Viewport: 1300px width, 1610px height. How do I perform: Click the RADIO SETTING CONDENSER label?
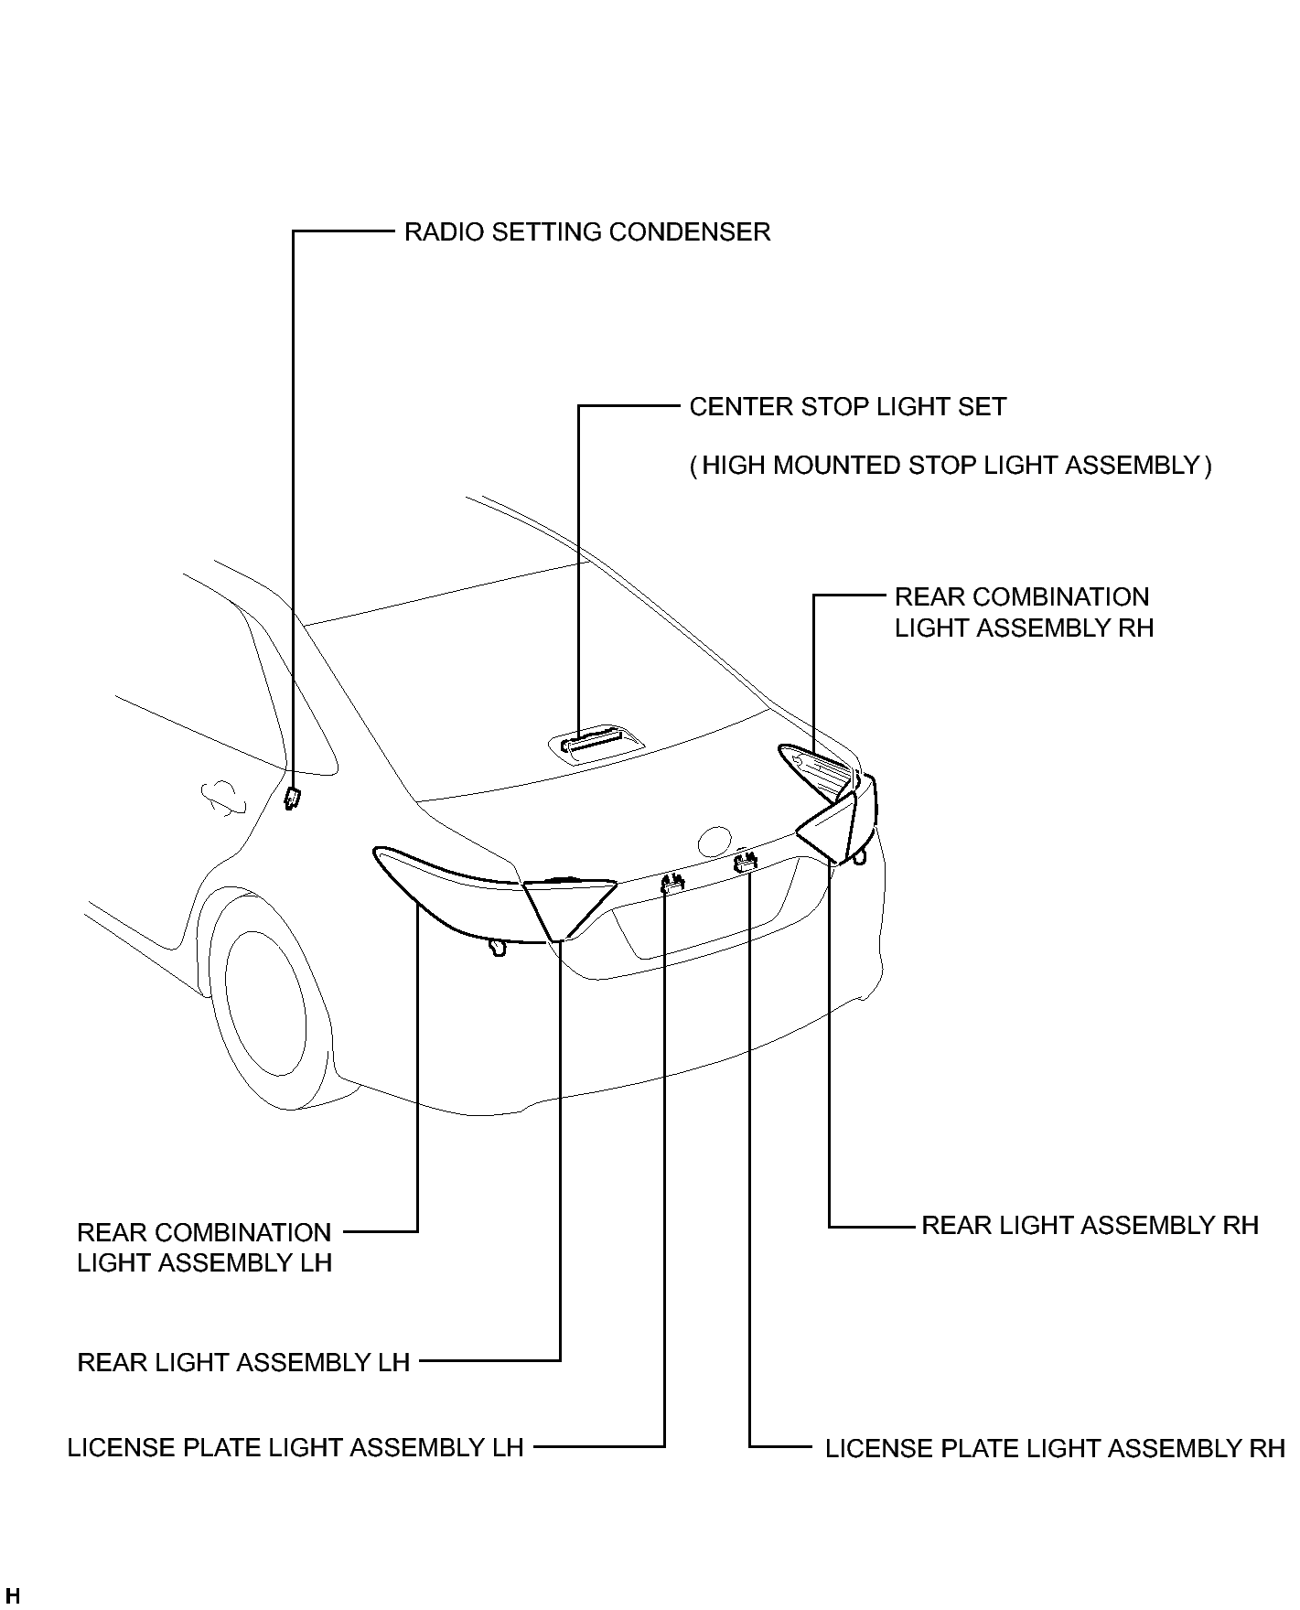click(x=587, y=232)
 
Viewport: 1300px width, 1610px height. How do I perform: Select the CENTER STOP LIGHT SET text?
click(x=847, y=407)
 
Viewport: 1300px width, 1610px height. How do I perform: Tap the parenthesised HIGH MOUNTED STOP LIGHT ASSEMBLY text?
click(x=951, y=466)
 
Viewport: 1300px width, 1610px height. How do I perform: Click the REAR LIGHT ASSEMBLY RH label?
click(x=1090, y=1225)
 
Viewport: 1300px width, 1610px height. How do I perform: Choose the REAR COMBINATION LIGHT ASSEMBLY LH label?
click(x=204, y=1247)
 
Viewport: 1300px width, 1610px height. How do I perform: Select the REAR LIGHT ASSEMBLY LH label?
click(x=243, y=1362)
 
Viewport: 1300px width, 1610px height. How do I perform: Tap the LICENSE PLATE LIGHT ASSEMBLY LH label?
click(x=295, y=1447)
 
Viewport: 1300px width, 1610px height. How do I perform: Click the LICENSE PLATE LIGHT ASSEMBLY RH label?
click(x=1055, y=1449)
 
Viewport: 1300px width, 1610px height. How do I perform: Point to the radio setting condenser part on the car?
click(x=293, y=798)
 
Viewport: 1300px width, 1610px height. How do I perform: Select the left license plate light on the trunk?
click(x=672, y=883)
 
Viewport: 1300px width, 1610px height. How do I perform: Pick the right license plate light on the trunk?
click(x=746, y=860)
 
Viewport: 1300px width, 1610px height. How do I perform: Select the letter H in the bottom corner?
click(x=12, y=1596)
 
